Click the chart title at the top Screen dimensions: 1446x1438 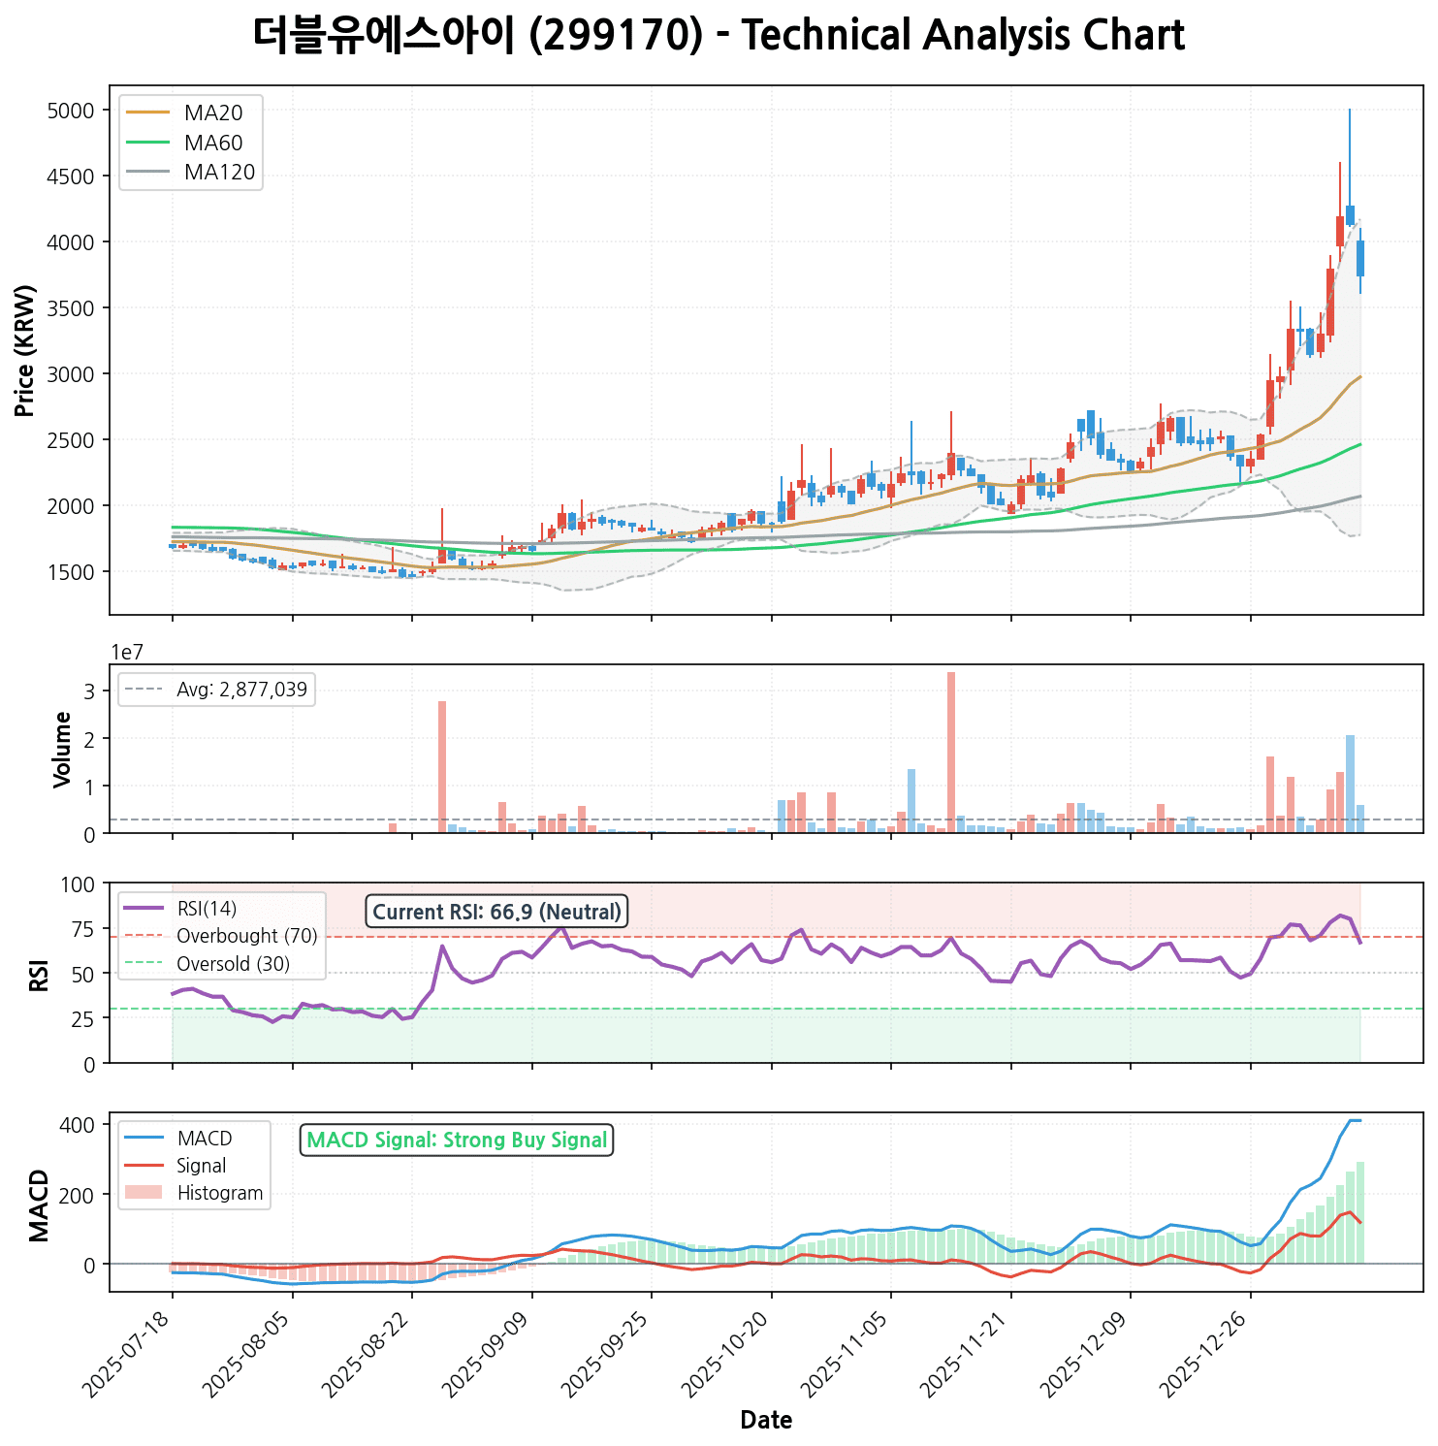tap(719, 36)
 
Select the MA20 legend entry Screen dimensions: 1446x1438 tap(213, 113)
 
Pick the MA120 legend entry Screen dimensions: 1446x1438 tap(220, 173)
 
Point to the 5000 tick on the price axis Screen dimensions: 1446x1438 tap(71, 111)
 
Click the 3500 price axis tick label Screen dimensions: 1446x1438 tap(71, 308)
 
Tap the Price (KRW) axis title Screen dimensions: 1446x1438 tap(25, 350)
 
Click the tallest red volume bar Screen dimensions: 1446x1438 tap(951, 752)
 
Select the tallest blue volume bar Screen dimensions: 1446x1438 tap(1350, 784)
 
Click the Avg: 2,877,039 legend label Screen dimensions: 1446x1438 tap(241, 690)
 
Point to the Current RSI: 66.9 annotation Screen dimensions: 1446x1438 tap(496, 912)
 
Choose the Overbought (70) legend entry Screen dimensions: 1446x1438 tap(246, 936)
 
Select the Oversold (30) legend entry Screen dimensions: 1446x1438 tap(233, 964)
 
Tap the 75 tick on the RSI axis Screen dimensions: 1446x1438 tap(83, 930)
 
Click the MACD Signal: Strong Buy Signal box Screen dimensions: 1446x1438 tap(457, 1140)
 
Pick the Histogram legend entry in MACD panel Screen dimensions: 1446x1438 tap(219, 1193)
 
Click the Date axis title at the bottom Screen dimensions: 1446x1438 tap(766, 1421)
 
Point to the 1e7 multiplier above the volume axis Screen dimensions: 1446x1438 tap(127, 652)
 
